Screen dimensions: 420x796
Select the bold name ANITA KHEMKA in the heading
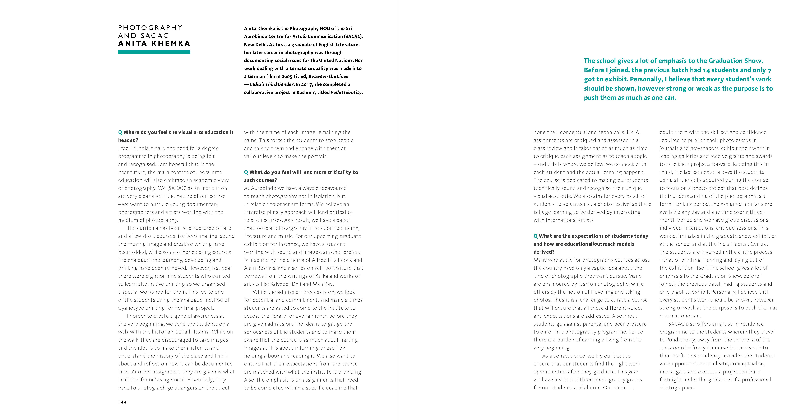coord(154,43)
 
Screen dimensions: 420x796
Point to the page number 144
coord(123,402)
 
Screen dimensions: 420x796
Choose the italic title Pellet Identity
coord(346,92)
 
